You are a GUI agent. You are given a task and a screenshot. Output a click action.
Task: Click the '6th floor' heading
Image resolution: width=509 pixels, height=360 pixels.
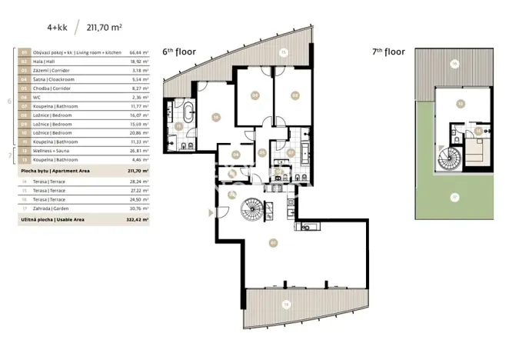click(179, 52)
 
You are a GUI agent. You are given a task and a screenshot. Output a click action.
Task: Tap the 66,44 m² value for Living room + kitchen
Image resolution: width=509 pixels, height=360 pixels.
click(138, 53)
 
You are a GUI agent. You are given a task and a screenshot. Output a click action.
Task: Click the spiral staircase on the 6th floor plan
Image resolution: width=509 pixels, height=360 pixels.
click(252, 207)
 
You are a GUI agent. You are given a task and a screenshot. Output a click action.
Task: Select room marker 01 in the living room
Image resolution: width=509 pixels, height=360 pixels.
click(273, 243)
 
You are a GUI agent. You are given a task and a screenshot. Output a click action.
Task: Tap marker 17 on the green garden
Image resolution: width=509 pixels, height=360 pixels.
click(454, 197)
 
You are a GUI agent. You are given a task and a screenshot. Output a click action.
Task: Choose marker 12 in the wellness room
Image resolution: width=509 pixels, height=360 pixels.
click(460, 102)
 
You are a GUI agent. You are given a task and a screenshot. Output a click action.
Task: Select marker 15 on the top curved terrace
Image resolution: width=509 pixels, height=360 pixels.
click(283, 53)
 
